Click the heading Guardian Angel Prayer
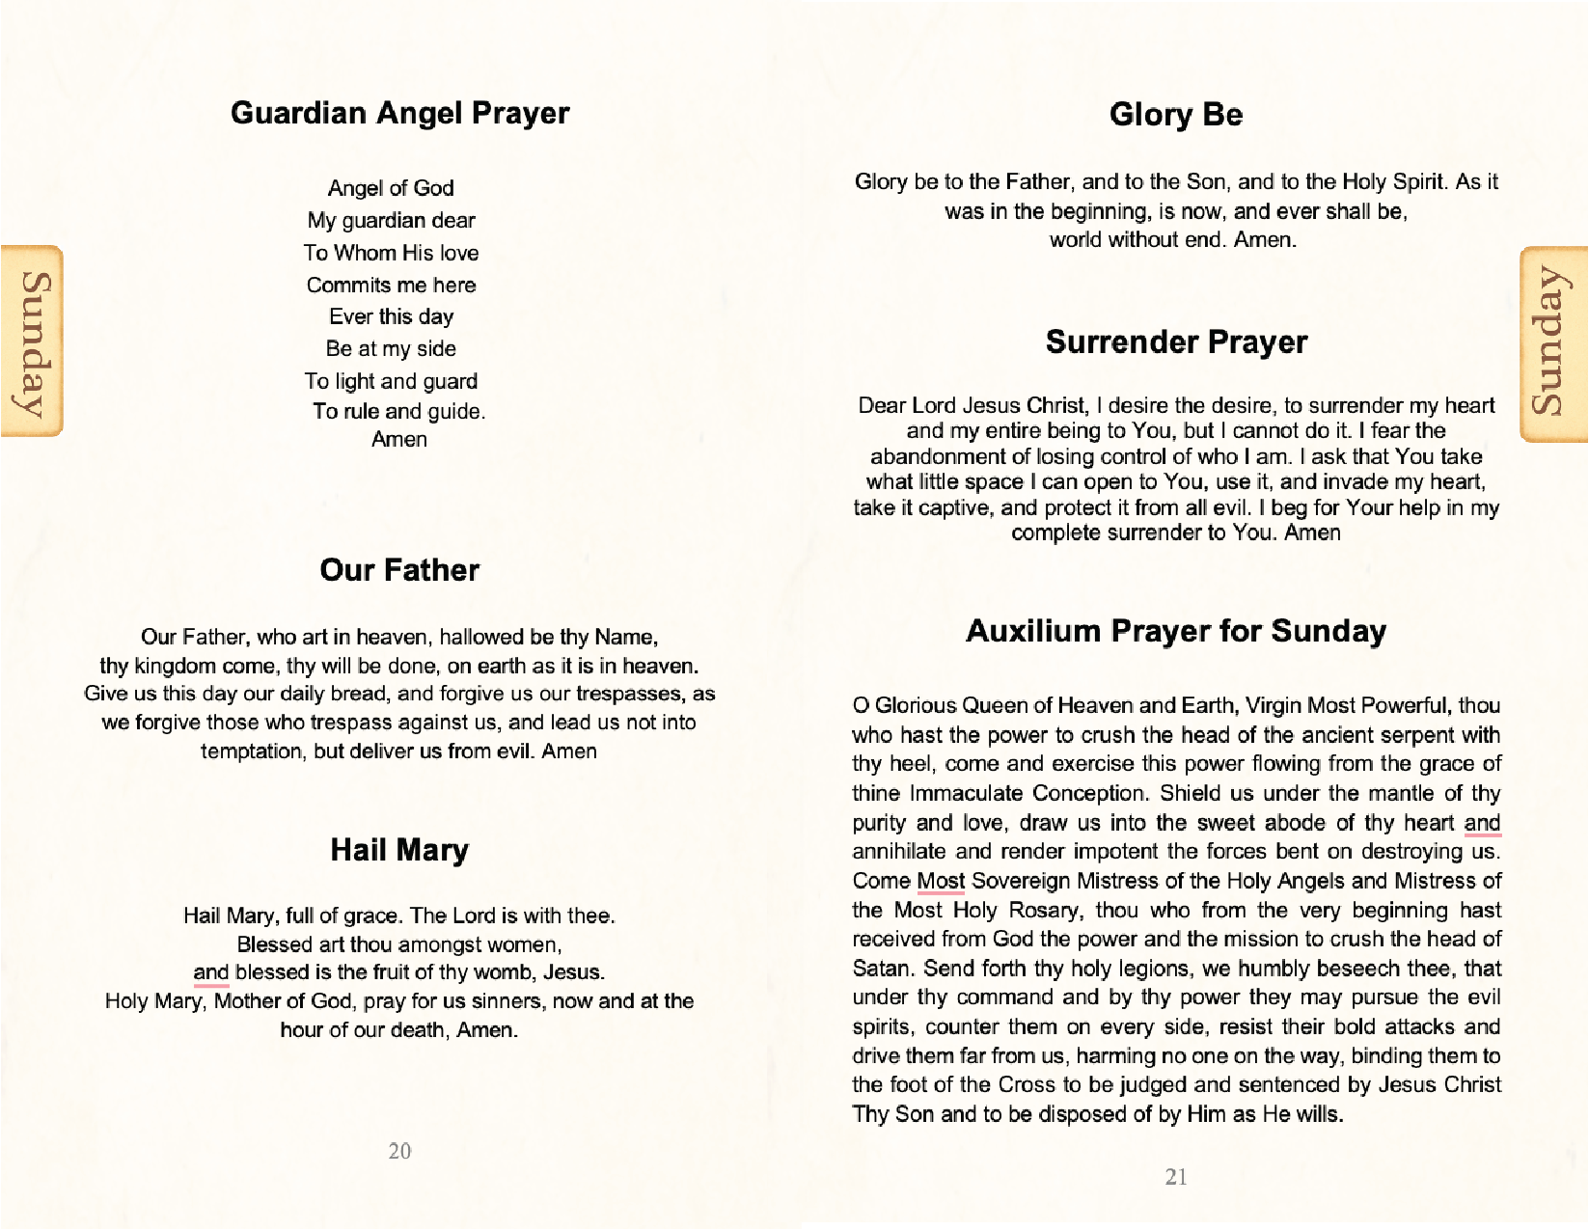tap(399, 113)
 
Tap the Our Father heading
tap(399, 570)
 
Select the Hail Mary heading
tap(399, 850)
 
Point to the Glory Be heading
tap(1175, 115)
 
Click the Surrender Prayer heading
tap(1176, 342)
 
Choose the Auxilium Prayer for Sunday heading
tap(1176, 631)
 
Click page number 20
tap(399, 1151)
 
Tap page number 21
tap(1176, 1177)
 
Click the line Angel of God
tap(391, 188)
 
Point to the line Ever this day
tap(391, 316)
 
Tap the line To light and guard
tap(391, 381)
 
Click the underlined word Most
tap(941, 881)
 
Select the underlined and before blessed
tap(210, 972)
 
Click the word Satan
tap(881, 969)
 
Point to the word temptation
tap(254, 752)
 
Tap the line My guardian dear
tap(391, 220)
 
